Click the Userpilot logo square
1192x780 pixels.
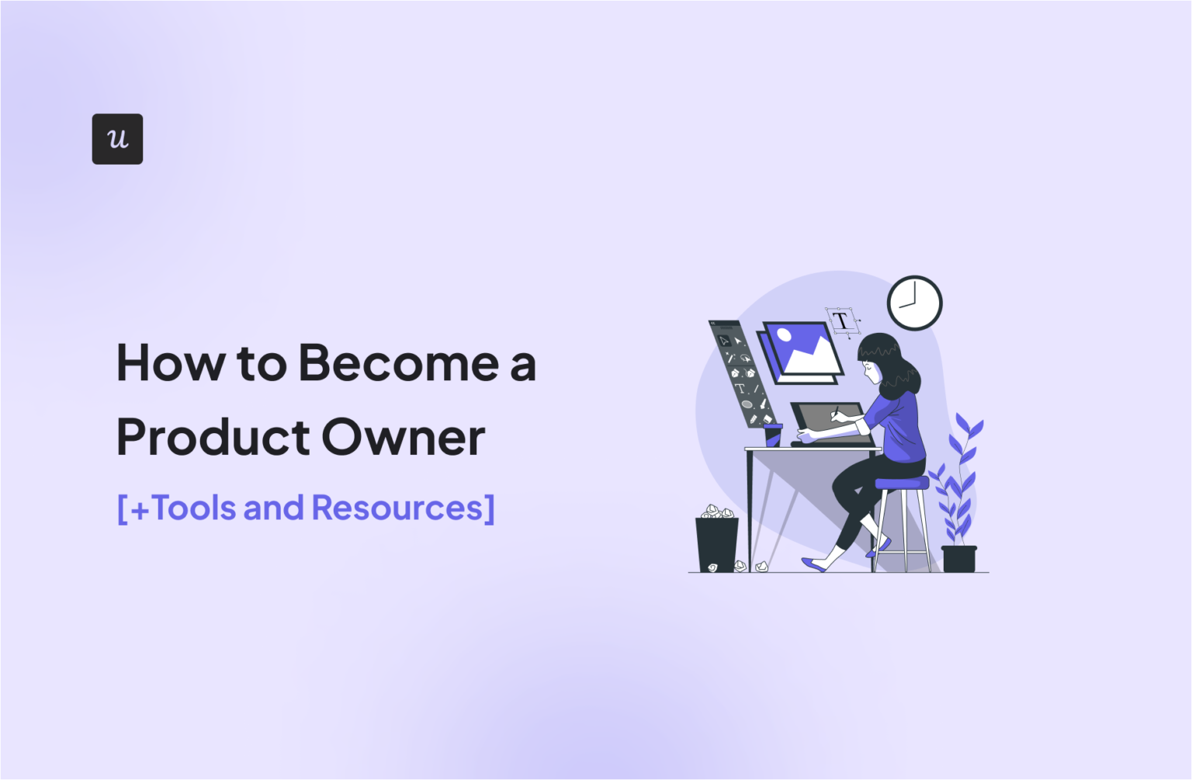click(117, 139)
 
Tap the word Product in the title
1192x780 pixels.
click(213, 437)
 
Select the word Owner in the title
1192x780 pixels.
click(403, 437)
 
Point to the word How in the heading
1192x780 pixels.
click(170, 363)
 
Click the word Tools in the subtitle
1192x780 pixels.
click(194, 508)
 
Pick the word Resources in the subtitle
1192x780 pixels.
click(397, 508)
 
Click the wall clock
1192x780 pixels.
click(914, 303)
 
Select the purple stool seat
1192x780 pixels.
click(902, 483)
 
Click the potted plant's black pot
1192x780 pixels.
click(959, 558)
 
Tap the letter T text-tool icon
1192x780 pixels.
click(841, 321)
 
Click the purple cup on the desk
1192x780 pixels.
click(773, 434)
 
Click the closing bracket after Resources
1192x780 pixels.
click(489, 509)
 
